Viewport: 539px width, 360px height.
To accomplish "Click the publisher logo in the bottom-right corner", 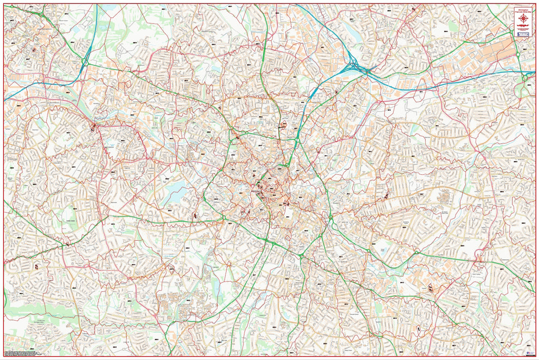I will [x=527, y=353].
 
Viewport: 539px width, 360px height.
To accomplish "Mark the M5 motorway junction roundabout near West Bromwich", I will [x=85, y=63].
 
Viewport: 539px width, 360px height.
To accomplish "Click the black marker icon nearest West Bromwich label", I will [x=34, y=49].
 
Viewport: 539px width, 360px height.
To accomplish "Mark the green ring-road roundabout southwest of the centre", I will [x=224, y=218].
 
